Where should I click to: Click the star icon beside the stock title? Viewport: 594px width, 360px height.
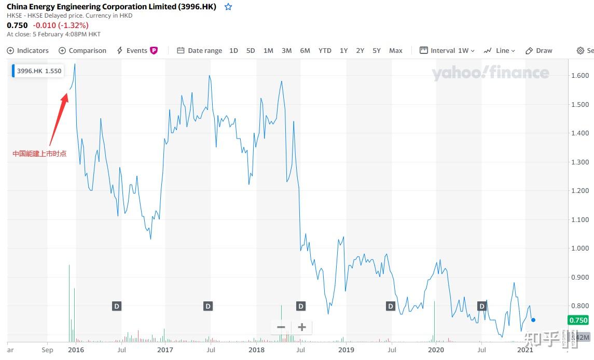(228, 7)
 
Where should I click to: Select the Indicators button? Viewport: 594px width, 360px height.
(28, 50)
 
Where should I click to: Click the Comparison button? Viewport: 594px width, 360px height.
(82, 50)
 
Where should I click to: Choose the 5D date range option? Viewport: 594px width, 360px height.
(251, 50)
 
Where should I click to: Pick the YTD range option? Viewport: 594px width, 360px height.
(325, 50)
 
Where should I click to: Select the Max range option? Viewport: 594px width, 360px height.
(396, 50)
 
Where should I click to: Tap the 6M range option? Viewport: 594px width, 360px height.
(305, 50)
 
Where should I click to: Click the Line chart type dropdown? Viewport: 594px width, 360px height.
(500, 50)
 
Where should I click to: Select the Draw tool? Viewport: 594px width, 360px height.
(539, 50)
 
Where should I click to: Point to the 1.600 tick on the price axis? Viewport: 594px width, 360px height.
(579, 76)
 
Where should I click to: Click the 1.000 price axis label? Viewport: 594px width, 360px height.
(579, 248)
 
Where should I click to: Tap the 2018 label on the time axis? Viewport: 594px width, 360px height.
(256, 350)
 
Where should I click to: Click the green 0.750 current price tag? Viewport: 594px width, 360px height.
(578, 320)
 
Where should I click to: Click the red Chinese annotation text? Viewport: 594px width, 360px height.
(39, 154)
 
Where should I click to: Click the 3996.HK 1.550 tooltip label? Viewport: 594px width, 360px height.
(39, 71)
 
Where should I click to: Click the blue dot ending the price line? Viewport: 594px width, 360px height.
(533, 320)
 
